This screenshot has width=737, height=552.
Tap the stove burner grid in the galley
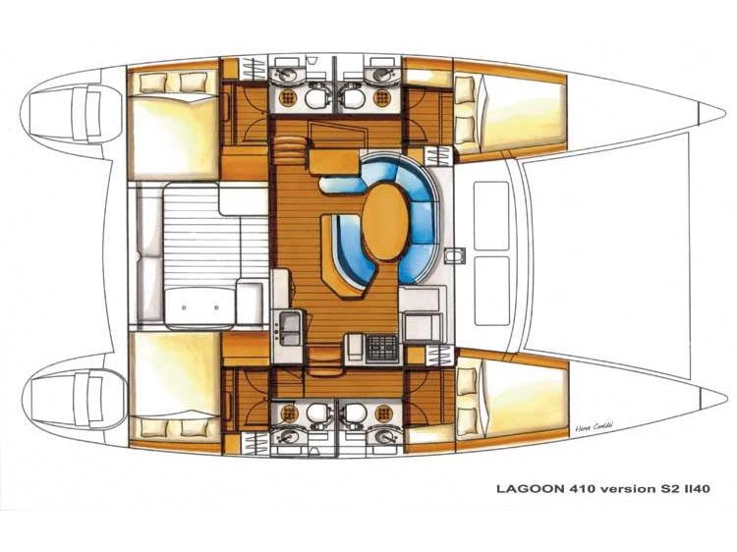(x=384, y=347)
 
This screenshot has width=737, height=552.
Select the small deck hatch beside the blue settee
(x=452, y=257)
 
